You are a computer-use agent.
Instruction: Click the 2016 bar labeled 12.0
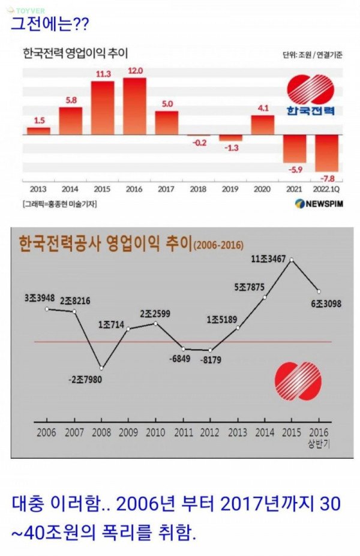134,106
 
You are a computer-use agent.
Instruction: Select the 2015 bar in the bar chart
103,107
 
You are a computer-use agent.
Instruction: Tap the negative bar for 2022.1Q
327,153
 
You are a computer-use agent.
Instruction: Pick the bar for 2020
262,125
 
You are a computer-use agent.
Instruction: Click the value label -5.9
295,170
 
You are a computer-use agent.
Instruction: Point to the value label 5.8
71,100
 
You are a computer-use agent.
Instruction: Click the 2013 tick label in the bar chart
38,189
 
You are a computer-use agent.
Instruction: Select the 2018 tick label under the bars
198,189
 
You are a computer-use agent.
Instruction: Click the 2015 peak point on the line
292,260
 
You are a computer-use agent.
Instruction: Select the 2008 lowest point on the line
101,368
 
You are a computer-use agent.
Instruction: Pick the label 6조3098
326,304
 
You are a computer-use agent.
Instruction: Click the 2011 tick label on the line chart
183,431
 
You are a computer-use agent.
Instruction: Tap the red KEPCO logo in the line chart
298,381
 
